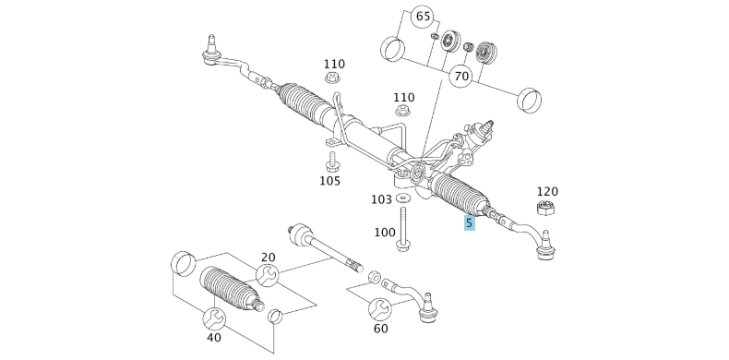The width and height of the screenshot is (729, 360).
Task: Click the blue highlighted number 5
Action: tap(470, 222)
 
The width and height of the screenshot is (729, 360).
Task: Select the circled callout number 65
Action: tap(422, 17)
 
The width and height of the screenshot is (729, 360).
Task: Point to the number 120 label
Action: tap(546, 191)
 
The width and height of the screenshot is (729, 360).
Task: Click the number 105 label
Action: tap(330, 180)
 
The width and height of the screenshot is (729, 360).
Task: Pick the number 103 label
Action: tap(381, 199)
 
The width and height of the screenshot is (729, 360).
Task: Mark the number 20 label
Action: tap(268, 258)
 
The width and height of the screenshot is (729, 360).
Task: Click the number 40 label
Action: tap(214, 338)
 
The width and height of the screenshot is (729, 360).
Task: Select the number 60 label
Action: tap(381, 328)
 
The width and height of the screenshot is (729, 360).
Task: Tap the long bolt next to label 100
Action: tap(404, 228)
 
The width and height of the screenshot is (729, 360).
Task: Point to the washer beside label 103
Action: tap(404, 198)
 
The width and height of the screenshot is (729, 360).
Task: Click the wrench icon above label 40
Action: tap(214, 318)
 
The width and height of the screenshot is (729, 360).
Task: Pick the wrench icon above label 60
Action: tap(379, 308)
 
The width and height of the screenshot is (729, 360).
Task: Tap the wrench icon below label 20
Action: tap(267, 275)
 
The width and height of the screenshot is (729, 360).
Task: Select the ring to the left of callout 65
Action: tap(393, 46)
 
